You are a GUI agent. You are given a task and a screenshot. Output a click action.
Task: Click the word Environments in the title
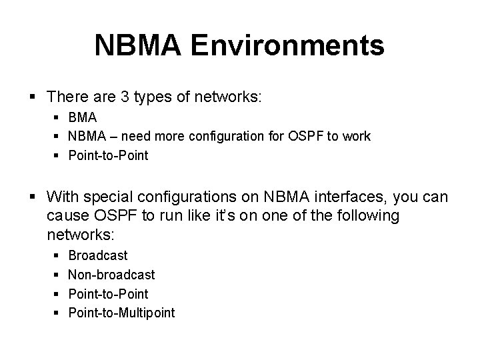[288, 46]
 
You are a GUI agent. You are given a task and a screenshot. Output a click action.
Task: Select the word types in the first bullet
[153, 97]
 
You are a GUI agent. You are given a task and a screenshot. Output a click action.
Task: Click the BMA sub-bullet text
[83, 117]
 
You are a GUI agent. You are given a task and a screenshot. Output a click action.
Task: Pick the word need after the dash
[142, 137]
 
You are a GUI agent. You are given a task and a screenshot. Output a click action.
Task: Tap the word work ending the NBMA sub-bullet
[357, 137]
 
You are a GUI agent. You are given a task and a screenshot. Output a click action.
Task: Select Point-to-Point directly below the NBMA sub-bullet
[109, 155]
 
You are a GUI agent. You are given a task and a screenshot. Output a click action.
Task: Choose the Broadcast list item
[98, 255]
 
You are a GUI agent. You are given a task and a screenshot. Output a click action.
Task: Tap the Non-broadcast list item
[111, 275]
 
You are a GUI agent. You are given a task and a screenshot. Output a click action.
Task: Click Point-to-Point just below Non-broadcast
[109, 293]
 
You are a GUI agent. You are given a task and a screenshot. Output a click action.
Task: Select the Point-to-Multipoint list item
[121, 313]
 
